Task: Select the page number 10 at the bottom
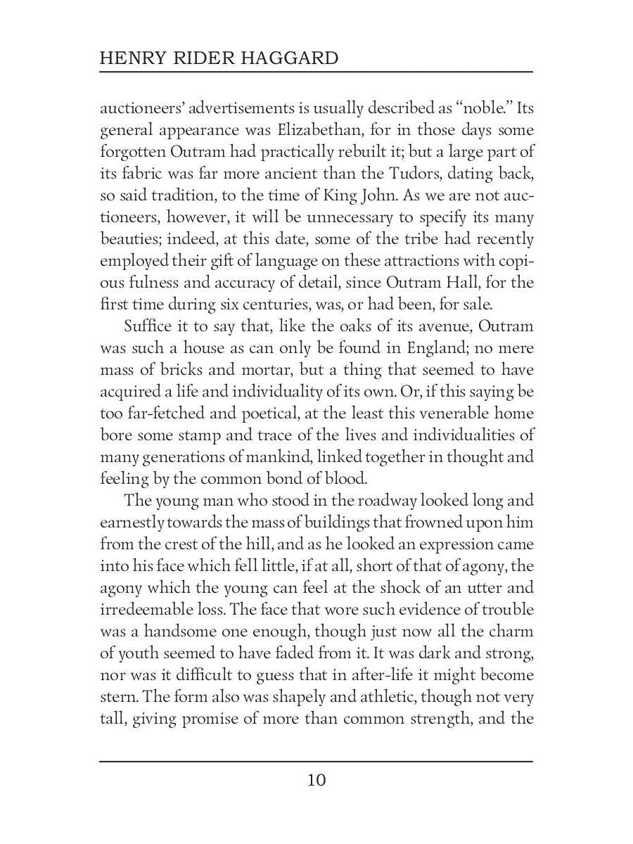[x=316, y=780]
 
